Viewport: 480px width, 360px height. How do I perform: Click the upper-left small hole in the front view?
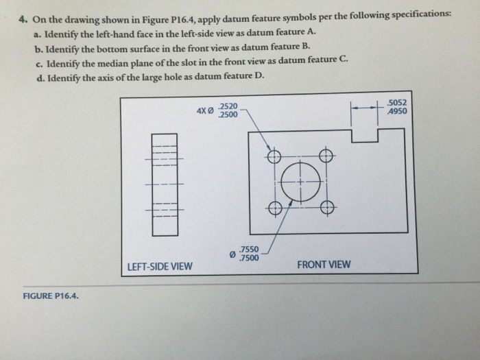tap(274, 156)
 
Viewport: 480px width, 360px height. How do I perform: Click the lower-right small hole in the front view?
tap(326, 206)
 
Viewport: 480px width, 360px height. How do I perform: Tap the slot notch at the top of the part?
tap(364, 134)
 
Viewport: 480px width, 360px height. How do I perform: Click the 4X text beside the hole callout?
tap(201, 110)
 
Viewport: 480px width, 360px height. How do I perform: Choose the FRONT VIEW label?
tap(323, 264)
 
